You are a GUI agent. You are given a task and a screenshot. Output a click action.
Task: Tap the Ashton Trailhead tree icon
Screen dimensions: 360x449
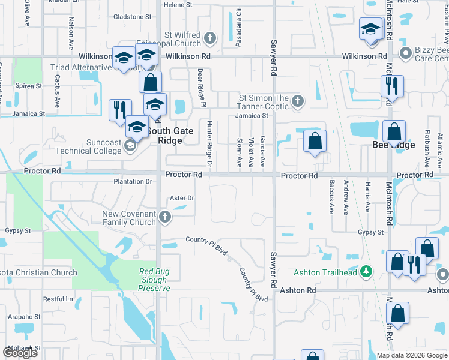(x=366, y=272)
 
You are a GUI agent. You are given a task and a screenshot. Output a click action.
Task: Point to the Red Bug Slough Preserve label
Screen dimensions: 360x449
(x=154, y=280)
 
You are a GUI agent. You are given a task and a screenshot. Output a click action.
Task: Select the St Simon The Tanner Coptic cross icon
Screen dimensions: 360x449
(x=297, y=102)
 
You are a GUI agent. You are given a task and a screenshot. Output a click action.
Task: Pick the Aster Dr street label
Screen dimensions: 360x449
(x=182, y=198)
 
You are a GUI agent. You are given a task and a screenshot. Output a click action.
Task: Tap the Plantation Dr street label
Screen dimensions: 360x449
(x=133, y=181)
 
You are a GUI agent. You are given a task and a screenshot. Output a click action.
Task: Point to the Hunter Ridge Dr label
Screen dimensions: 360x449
(x=209, y=143)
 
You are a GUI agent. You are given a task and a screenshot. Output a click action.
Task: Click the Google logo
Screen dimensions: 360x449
(x=20, y=353)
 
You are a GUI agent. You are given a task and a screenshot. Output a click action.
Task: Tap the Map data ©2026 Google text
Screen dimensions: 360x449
(x=411, y=355)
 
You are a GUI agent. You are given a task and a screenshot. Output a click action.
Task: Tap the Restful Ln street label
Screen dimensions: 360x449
(x=57, y=298)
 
